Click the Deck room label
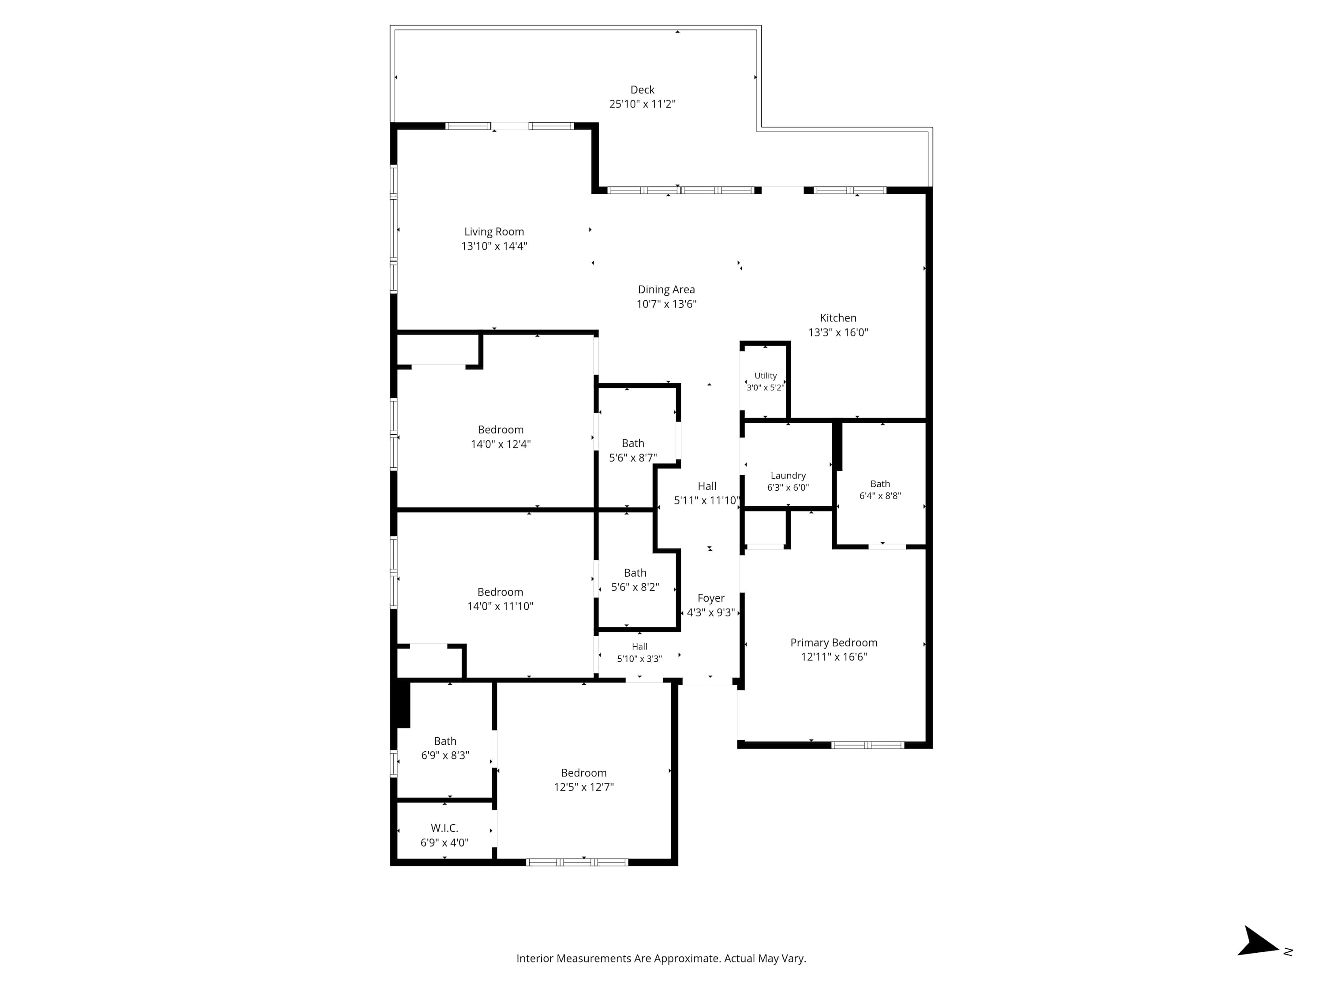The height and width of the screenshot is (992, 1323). pos(643,90)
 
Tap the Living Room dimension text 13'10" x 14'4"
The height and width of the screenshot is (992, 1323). pos(494,246)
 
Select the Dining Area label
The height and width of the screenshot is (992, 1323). pos(666,289)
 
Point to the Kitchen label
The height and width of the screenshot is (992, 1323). pos(838,318)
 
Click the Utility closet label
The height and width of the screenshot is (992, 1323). pos(766,376)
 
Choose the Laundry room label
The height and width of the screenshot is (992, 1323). pos(789,475)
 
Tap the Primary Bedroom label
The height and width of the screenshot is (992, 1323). pos(834,643)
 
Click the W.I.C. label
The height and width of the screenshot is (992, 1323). pos(445,828)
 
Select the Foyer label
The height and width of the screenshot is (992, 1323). pos(711,598)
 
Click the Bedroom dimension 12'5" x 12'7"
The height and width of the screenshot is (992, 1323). pos(584,787)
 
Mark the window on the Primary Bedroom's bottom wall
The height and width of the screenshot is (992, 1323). pos(868,745)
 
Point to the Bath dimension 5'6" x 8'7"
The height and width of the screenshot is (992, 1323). pos(633,458)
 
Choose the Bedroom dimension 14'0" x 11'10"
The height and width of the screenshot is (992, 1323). pos(500,606)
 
